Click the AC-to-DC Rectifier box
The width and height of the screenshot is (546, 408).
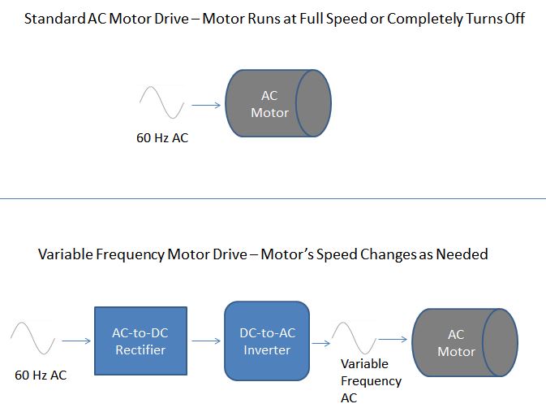140,341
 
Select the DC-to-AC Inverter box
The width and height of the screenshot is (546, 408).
267,341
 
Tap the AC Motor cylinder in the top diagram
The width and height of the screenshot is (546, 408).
278,103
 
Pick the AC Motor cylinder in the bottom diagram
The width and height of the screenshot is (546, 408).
465,342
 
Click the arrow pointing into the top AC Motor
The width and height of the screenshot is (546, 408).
206,105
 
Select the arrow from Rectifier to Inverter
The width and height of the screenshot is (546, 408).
206,341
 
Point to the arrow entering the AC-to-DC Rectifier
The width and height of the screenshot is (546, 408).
76,341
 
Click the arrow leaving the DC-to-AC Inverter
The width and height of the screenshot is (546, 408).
320,344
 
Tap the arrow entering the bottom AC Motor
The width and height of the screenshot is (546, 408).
393,339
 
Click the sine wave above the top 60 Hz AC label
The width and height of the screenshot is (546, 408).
161,102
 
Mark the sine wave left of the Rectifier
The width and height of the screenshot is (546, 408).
32,338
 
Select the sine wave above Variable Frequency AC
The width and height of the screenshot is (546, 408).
355,338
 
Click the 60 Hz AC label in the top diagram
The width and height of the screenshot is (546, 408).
162,137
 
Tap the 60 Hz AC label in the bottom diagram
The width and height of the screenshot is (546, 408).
41,375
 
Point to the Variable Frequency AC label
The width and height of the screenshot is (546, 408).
372,381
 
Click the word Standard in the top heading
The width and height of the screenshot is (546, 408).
54,19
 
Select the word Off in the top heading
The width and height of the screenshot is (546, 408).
514,19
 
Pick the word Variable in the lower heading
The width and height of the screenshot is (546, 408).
66,254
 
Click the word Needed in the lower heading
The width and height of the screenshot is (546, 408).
462,254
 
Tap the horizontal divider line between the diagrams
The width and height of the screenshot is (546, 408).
273,199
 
